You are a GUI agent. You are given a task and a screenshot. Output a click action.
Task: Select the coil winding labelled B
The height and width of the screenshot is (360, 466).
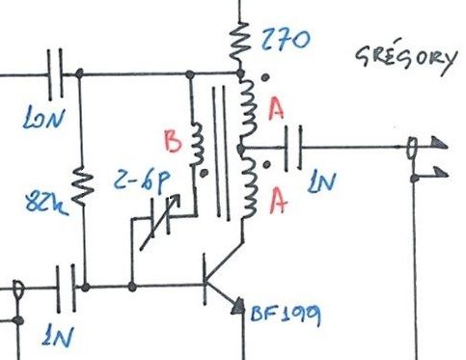(x=198, y=145)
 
